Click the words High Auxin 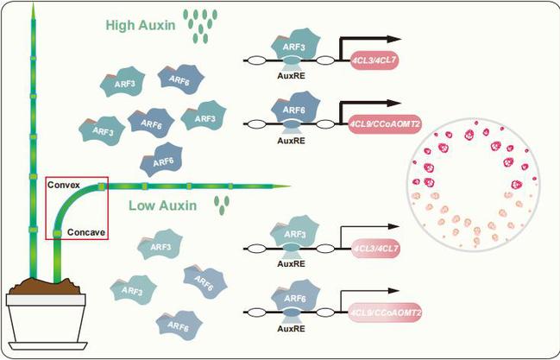coord(140,25)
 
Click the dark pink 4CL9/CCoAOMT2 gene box coord(385,124)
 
